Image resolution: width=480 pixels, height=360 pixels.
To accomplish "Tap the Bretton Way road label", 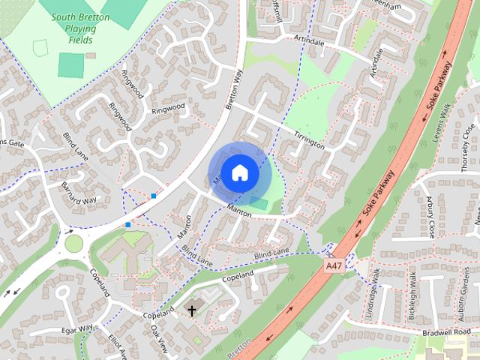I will (x=235, y=89).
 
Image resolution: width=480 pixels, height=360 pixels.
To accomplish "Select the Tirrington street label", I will (x=308, y=138).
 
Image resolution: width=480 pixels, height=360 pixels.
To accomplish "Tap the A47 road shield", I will (x=334, y=265).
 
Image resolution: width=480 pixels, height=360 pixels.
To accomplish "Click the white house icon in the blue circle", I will (x=239, y=172).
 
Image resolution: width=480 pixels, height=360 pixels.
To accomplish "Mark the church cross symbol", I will (x=192, y=310).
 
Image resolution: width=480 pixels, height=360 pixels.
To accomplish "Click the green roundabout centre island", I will (x=73, y=243).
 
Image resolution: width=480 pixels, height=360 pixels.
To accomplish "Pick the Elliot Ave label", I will (x=113, y=341).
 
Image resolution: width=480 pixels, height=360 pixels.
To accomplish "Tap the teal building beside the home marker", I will (x=258, y=203).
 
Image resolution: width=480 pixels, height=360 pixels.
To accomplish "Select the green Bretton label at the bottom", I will (x=239, y=349).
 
